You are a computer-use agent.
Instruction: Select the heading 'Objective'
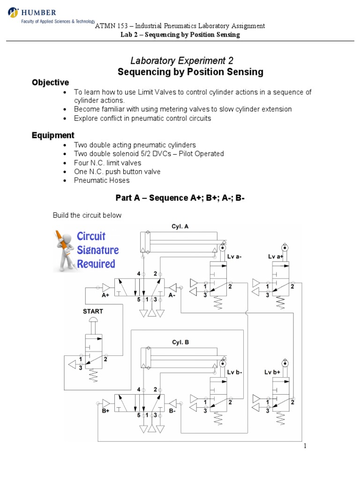click(50, 82)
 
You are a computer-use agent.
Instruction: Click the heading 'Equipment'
click(53, 135)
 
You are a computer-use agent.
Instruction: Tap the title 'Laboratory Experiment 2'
click(181, 60)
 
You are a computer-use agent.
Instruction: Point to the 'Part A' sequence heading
click(180, 198)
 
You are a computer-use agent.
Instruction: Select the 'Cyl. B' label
click(180, 342)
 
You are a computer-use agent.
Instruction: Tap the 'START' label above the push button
click(92, 311)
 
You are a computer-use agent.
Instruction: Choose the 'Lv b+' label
click(272, 372)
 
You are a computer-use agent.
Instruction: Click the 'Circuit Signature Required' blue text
click(97, 250)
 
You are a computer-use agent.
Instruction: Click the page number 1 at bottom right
click(305, 446)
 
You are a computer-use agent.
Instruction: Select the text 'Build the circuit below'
click(87, 215)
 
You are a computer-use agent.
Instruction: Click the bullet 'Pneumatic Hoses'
click(102, 180)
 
